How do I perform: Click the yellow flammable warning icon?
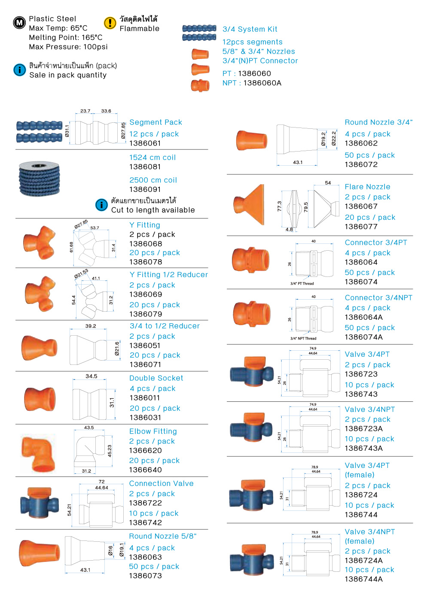coord(110,23)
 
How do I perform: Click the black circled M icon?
coord(20,22)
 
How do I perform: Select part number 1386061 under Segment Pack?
coord(145,143)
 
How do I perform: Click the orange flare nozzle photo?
coord(250,204)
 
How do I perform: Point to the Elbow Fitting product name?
coord(153,431)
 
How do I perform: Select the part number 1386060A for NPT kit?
coord(262,83)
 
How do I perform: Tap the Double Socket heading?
coord(156,378)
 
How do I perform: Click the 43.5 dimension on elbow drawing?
coord(89,428)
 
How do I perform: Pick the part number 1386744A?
coord(363,579)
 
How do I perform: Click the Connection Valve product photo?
coord(39,502)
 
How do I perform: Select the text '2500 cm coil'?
coord(153,180)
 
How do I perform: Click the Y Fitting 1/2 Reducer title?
coord(168,275)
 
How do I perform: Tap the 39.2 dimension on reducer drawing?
coord(91,326)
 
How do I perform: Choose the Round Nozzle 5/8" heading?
coord(163,536)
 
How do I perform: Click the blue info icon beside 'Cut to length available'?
coord(101,205)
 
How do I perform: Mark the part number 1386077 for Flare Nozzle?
coord(361,227)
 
